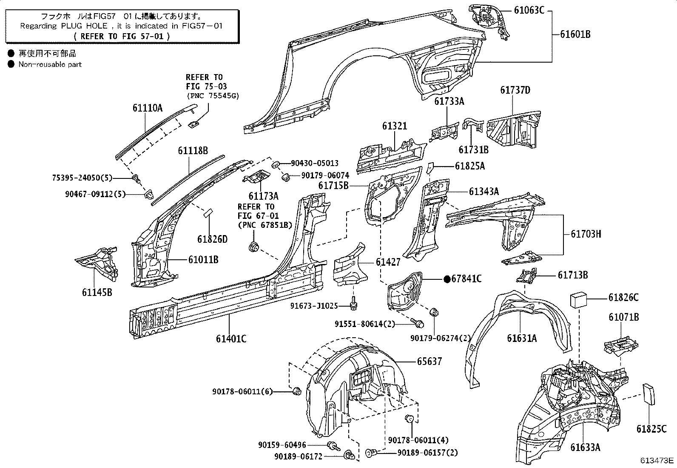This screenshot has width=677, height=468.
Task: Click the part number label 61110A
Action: click(147, 108)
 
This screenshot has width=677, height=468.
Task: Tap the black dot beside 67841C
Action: click(447, 279)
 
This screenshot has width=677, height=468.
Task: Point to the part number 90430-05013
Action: click(315, 163)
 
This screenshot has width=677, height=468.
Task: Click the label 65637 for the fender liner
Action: click(429, 362)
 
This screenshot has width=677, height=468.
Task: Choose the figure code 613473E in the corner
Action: click(658, 460)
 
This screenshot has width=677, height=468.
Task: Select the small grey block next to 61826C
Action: click(579, 299)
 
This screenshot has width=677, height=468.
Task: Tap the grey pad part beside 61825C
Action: click(649, 395)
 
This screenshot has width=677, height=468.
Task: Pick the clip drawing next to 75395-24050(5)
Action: click(137, 178)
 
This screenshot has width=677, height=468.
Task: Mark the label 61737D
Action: click(515, 90)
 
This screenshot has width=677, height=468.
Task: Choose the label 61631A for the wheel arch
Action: click(521, 338)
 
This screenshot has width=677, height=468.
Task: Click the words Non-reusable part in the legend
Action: click(50, 64)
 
